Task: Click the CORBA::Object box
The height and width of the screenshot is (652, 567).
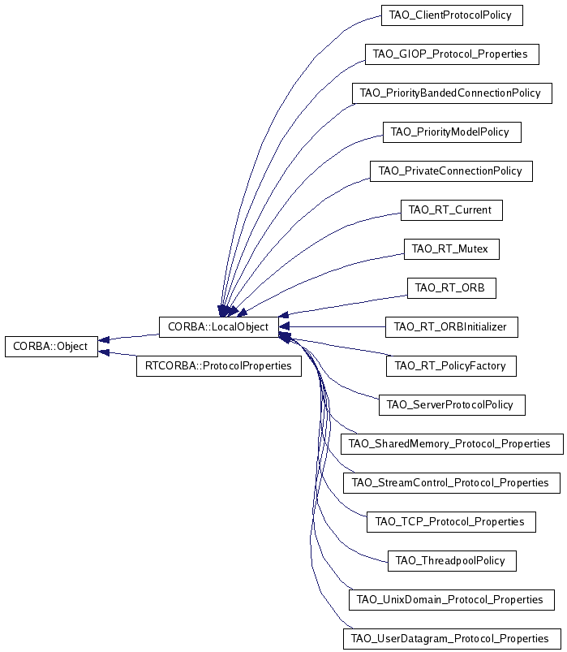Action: click(51, 347)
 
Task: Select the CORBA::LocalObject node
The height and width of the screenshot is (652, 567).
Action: click(218, 327)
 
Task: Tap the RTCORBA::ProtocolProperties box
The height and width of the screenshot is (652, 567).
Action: click(218, 366)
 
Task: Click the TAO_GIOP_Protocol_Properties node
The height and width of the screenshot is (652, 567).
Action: click(451, 54)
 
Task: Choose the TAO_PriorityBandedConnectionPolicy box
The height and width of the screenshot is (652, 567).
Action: click(451, 93)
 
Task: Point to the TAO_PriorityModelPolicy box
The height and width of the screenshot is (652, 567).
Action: click(451, 132)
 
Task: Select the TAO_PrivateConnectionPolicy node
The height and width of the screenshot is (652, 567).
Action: click(451, 171)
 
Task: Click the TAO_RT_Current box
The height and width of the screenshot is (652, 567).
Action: click(451, 210)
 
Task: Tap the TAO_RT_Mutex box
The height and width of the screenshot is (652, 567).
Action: click(451, 249)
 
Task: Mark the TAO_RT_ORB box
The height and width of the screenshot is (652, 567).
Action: click(451, 288)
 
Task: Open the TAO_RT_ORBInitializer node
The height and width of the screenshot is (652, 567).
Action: click(451, 327)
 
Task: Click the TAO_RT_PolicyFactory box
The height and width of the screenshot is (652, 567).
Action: click(451, 366)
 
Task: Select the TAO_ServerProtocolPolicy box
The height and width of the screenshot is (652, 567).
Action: click(451, 405)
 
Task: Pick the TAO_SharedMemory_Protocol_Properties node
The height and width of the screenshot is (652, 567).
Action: click(451, 444)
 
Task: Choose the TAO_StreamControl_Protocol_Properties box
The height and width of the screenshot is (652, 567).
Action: click(451, 483)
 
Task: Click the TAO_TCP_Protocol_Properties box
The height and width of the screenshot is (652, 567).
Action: click(451, 522)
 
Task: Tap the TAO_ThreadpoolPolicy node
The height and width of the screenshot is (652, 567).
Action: click(451, 561)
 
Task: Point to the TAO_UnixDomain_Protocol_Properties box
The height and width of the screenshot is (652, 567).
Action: click(451, 600)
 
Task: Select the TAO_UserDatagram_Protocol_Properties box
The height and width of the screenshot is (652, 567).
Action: click(451, 639)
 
